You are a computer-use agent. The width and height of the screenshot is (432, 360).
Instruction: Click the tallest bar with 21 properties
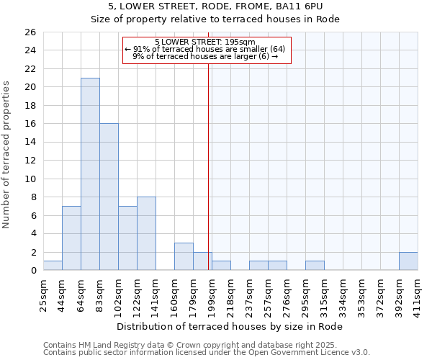point(90,174)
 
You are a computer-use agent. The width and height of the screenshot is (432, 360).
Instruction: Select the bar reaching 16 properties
point(109,197)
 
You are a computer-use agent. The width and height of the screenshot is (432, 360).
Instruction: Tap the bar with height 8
point(146,233)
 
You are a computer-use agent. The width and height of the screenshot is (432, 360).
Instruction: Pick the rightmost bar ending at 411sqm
point(408,261)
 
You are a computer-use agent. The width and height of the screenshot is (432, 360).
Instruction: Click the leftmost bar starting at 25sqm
point(53,266)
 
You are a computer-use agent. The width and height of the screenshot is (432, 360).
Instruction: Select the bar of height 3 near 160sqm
point(184,256)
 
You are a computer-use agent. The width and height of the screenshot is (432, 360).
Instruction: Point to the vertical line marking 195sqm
point(209,166)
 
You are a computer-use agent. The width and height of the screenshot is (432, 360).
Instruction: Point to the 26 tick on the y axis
point(30,32)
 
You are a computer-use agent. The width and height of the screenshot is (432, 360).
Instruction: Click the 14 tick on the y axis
point(30,142)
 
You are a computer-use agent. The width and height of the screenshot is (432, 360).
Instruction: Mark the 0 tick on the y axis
point(32,271)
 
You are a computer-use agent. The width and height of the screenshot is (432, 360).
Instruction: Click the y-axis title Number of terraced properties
point(6,154)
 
